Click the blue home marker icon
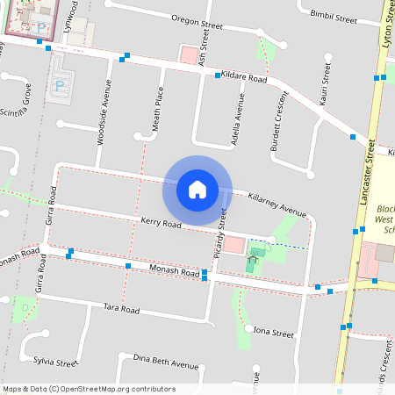197,189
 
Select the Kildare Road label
244,78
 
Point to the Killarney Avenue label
276,203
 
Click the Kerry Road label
161,225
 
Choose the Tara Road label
122,309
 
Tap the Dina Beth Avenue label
166,362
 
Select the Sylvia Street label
56,362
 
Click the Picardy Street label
222,231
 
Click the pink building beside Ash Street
188,54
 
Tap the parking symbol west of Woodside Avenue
60,86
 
